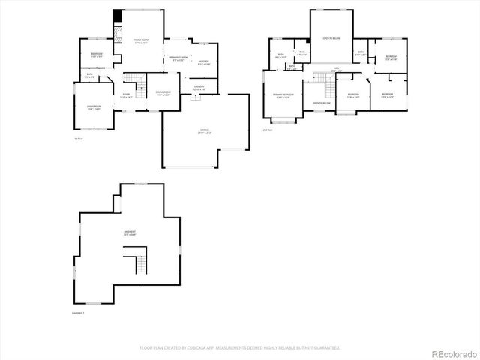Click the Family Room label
141,41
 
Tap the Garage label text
205,132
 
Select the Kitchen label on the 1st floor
204,62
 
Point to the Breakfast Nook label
178,58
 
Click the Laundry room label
199,88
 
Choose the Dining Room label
163,93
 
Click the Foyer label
126,96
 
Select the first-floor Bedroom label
97,55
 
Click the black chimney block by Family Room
117,16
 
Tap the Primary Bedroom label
283,95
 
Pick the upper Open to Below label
331,38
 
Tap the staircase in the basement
139,264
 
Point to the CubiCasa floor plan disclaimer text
240,347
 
